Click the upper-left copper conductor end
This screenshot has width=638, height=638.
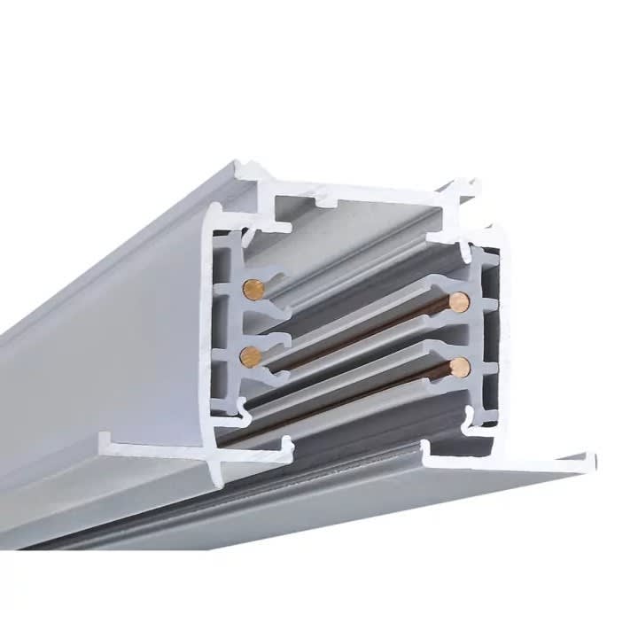(x=253, y=290)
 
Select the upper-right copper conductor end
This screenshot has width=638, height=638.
(x=458, y=302)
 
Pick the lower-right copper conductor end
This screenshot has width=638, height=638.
(x=458, y=367)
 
